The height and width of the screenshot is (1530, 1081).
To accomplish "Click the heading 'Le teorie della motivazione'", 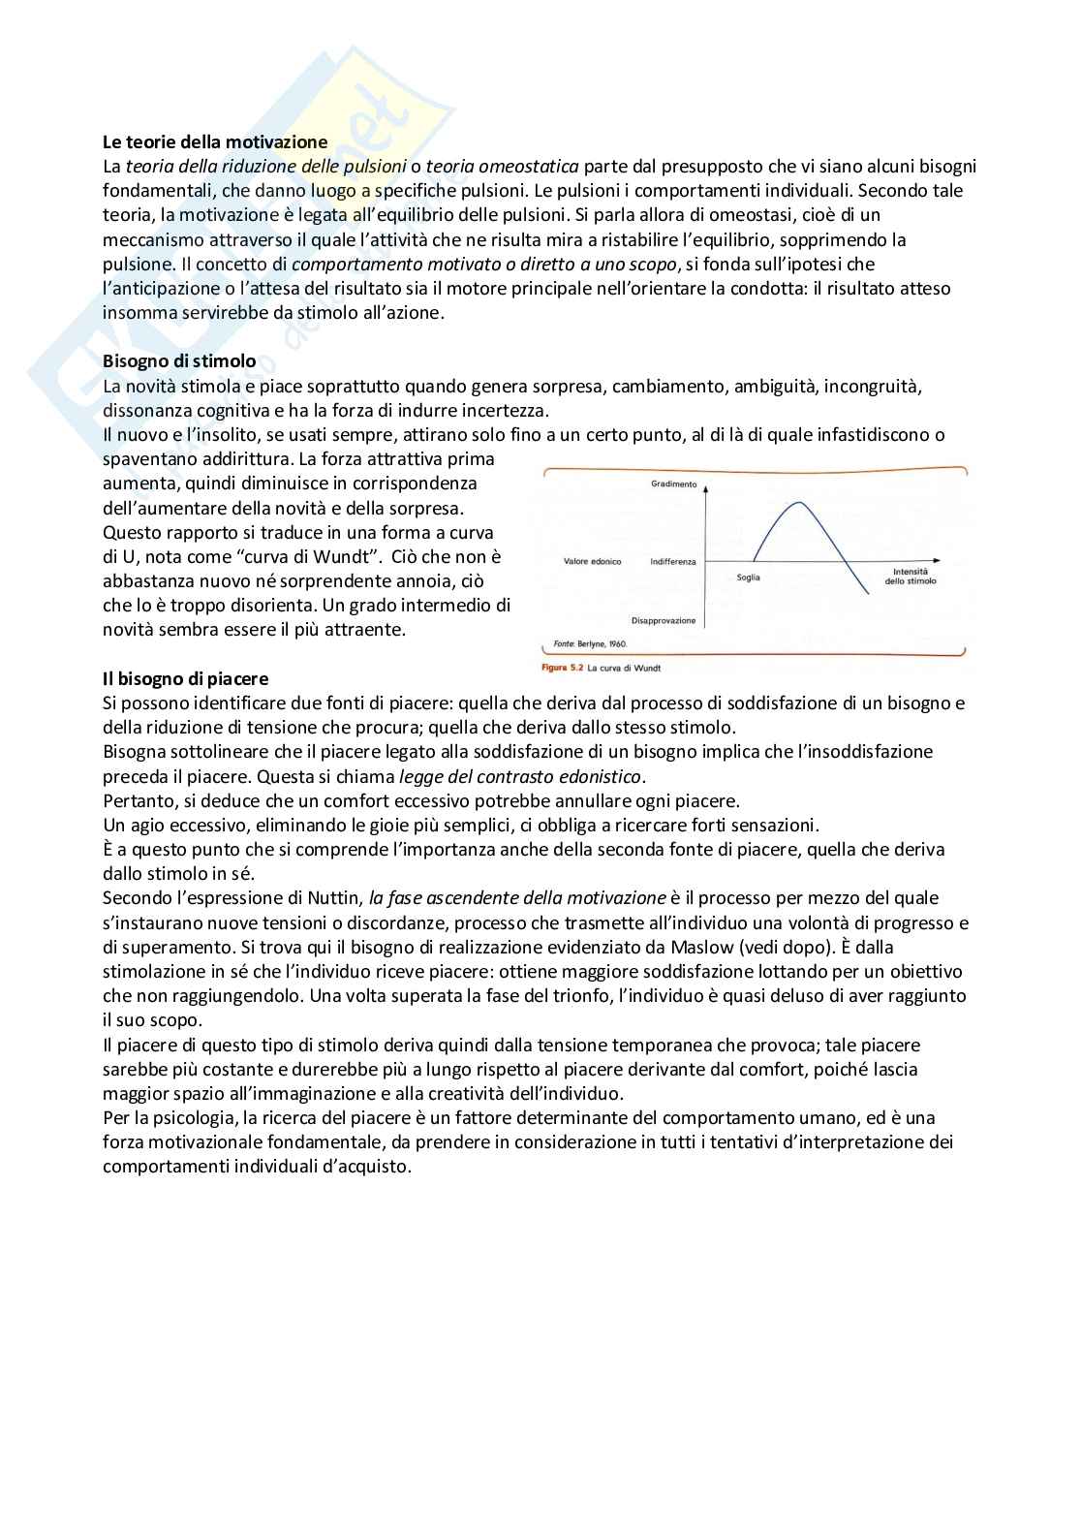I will (x=215, y=142).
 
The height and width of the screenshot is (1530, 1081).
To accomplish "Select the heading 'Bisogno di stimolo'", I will (x=179, y=361).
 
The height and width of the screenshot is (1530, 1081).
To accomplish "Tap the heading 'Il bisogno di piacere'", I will (x=186, y=678).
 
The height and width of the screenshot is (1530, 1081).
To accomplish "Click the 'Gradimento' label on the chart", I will (x=673, y=484).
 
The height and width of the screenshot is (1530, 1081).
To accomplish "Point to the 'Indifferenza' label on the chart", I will (x=672, y=562).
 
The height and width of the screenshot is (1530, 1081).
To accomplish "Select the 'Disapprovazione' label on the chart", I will (x=664, y=621).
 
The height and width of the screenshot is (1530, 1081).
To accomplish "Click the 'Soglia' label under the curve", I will (x=748, y=578).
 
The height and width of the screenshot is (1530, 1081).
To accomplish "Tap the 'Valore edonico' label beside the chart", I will (x=592, y=562).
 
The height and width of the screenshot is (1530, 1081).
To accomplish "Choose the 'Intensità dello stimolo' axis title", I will (x=911, y=577).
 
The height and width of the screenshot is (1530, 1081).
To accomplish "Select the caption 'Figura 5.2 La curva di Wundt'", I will (x=601, y=668).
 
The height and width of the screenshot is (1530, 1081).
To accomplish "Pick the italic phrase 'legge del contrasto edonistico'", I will (x=520, y=776).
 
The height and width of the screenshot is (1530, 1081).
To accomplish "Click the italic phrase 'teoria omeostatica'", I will (x=502, y=167).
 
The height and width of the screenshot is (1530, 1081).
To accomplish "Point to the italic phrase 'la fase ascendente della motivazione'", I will (x=517, y=898).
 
